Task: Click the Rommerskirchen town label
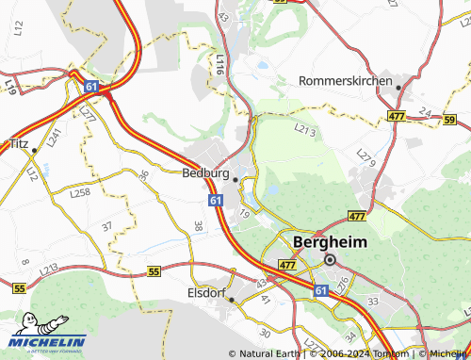tap(345, 81)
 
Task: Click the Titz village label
tap(19, 143)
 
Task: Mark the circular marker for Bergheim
tap(330, 259)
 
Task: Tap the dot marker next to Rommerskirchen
tap(398, 88)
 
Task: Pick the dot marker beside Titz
tap(34, 150)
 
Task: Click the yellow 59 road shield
tap(449, 120)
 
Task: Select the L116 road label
tap(219, 64)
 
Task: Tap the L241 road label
tap(55, 139)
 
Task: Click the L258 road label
tap(80, 192)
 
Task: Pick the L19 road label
tap(9, 87)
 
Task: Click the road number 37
tap(106, 226)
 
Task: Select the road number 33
tap(373, 301)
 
